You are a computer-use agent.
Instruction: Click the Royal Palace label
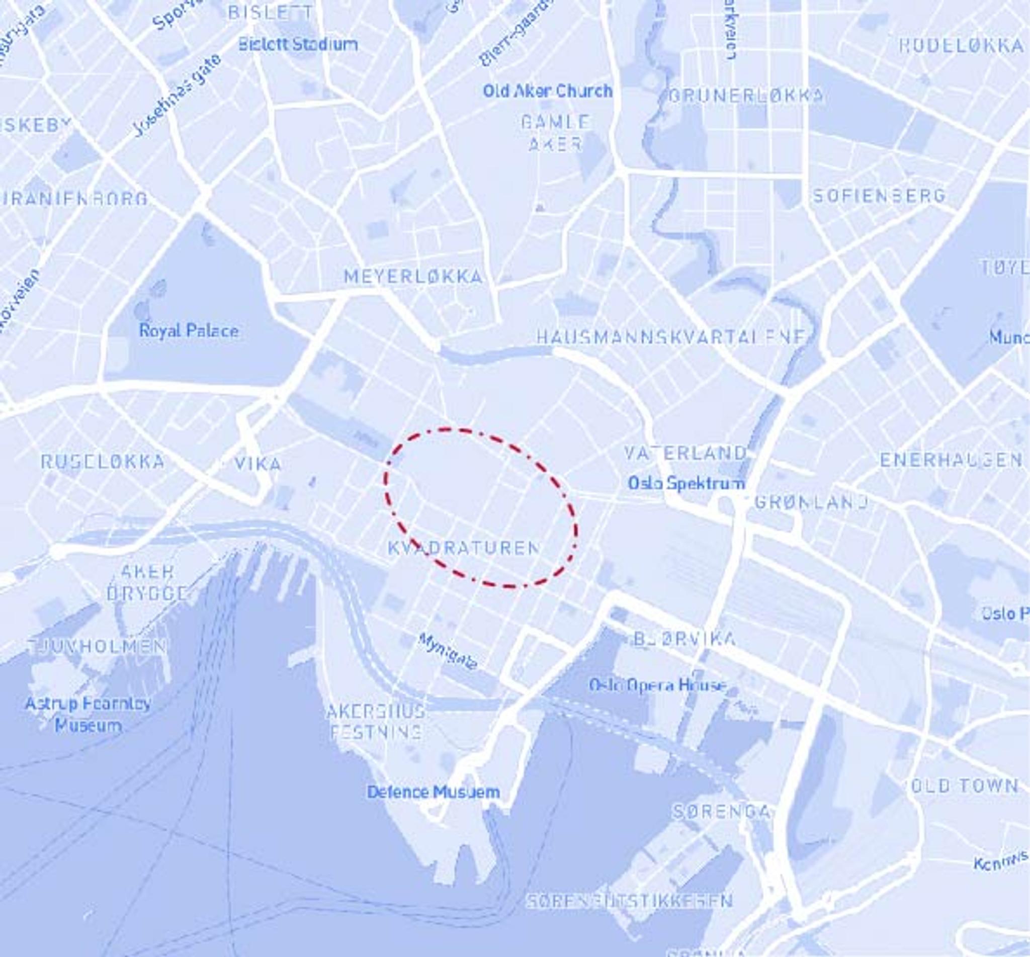click(189, 330)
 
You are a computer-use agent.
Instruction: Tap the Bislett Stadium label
click(298, 45)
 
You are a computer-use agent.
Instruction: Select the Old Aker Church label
click(547, 91)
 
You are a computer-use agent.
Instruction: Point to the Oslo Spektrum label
click(686, 483)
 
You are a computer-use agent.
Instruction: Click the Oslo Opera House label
click(658, 685)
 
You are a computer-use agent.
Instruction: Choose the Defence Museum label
click(434, 792)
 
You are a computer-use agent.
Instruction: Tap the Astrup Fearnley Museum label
click(88, 714)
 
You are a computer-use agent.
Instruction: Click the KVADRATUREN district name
click(464, 548)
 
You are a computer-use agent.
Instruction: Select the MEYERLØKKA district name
click(413, 277)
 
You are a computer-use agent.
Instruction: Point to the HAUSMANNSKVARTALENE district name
click(671, 337)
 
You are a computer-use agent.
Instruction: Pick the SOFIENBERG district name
click(879, 196)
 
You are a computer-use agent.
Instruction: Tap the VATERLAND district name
click(685, 453)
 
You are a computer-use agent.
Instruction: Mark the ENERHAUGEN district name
click(951, 459)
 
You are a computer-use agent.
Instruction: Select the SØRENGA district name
click(721, 811)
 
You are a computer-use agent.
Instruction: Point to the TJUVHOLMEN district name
click(99, 646)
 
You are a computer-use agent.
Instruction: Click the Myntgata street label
click(448, 651)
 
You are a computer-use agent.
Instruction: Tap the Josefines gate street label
click(177, 95)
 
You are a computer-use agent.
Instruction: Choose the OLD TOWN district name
click(964, 786)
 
